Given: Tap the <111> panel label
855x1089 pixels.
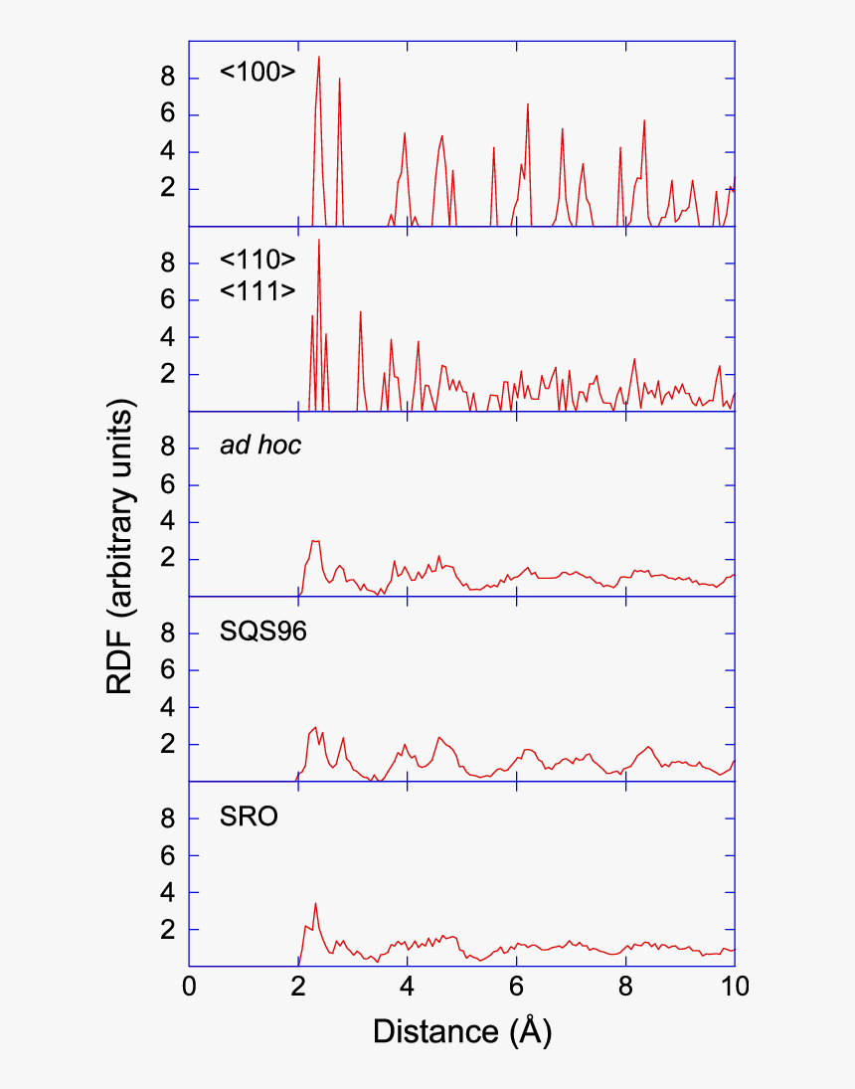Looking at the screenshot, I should [x=257, y=290].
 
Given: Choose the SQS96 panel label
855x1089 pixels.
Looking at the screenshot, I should [x=262, y=631].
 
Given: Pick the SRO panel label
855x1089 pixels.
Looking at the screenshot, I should [x=249, y=817].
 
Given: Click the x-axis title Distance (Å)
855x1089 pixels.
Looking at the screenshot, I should [x=461, y=1031].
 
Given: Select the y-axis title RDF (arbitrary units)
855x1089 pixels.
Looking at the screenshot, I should [x=123, y=547].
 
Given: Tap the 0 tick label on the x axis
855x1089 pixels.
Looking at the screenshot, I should [x=190, y=986].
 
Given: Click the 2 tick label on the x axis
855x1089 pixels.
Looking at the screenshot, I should [x=298, y=986].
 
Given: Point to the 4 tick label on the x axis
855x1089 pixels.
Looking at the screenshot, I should [x=408, y=986].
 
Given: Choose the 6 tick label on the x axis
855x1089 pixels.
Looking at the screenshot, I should [x=516, y=986].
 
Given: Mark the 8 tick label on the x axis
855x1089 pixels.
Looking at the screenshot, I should [x=625, y=986].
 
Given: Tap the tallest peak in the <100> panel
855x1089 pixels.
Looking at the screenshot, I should [x=318, y=57].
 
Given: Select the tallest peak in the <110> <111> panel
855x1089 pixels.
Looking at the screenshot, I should [x=319, y=241].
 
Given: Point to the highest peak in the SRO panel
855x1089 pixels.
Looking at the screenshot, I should [x=315, y=904].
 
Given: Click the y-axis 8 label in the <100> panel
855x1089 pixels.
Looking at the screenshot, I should [x=168, y=78].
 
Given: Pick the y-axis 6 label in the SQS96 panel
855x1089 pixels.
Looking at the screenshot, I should [x=168, y=670].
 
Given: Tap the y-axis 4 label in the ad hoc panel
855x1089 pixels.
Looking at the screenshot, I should [x=168, y=522].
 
